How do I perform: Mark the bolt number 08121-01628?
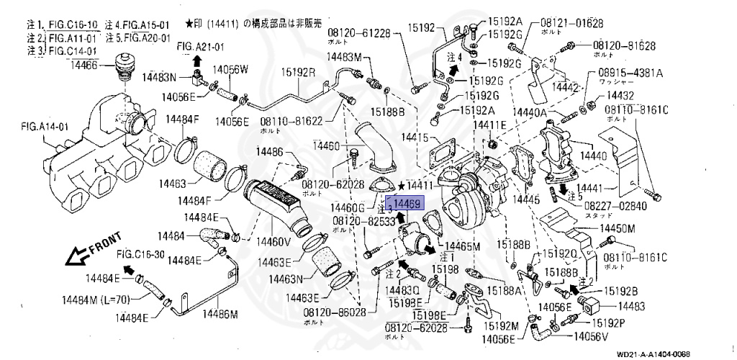point(572,24)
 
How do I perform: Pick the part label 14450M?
point(618,228)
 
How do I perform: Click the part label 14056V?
point(591,336)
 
